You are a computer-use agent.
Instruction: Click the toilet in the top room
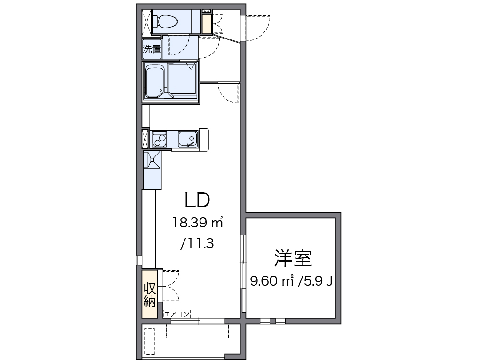(x=168, y=21)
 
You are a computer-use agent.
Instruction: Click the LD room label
(x=197, y=201)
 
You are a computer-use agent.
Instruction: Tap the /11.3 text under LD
(x=197, y=243)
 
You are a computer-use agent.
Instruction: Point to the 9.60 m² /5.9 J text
(x=292, y=281)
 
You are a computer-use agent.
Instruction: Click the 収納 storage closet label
(x=150, y=295)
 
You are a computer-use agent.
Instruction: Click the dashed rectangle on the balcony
(x=150, y=341)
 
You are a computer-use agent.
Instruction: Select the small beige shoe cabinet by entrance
(x=207, y=24)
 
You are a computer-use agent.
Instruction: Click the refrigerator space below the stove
(x=152, y=169)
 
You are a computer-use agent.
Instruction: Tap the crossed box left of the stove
(x=145, y=139)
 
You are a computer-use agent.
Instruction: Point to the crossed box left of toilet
(x=146, y=21)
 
